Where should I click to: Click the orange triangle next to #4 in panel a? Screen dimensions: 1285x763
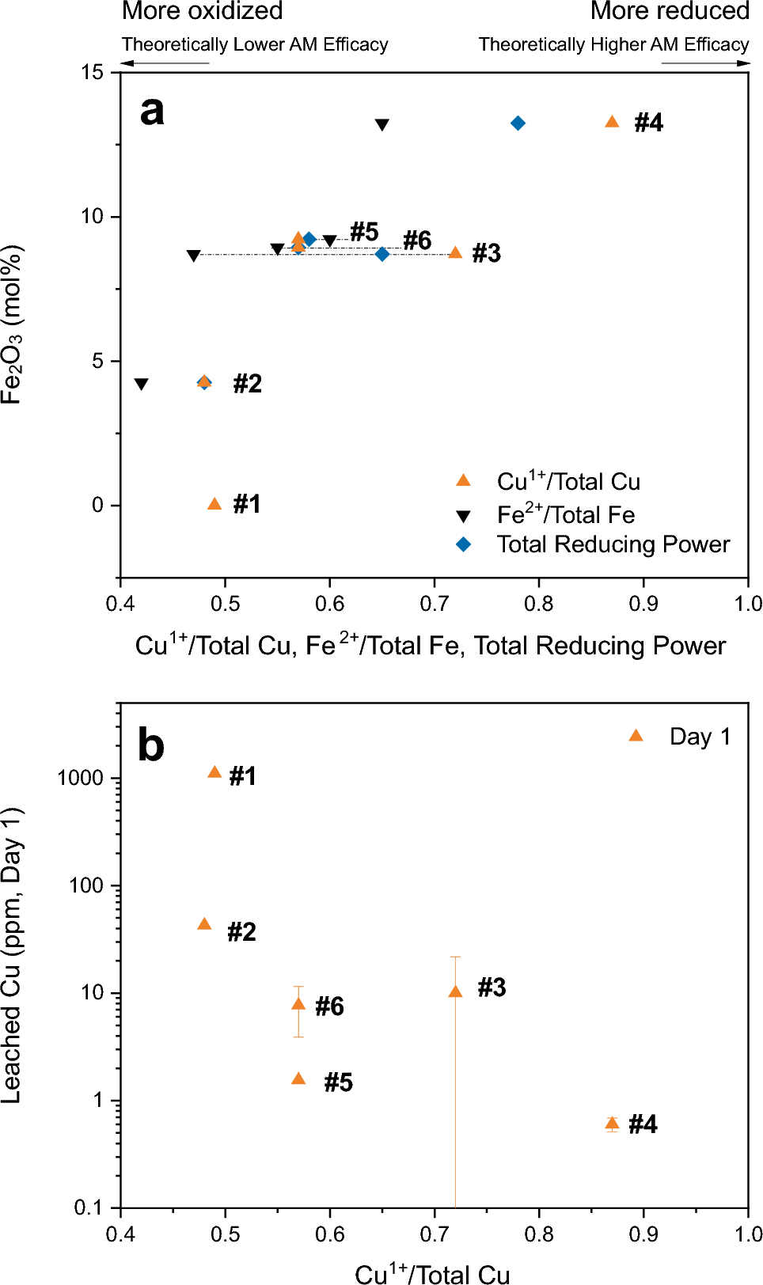pos(612,122)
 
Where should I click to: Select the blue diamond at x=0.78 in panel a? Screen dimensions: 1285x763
pos(518,123)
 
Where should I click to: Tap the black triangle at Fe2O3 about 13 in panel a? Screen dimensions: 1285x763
pos(381,125)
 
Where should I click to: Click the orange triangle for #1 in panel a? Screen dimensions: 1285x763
pos(214,504)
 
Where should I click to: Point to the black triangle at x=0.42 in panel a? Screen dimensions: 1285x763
pos(141,385)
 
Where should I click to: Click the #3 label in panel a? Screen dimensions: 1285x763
pos(486,253)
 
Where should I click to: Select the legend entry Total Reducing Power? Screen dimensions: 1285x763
pos(613,544)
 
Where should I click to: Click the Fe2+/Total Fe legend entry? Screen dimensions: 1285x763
pos(565,515)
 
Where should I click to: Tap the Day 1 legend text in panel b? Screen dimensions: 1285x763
pos(700,737)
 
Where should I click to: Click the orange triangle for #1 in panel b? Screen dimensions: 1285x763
pos(214,772)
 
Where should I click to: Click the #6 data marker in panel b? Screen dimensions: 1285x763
pos(298,1004)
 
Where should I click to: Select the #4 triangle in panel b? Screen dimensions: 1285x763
pos(612,1123)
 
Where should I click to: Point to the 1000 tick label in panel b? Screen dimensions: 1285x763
pos(81,778)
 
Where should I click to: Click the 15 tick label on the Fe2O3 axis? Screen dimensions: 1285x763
pos(92,72)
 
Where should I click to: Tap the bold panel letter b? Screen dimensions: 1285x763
pos(151,745)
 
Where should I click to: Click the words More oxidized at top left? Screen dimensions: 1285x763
pos(202,11)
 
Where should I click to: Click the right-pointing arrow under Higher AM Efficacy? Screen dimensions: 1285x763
pos(705,63)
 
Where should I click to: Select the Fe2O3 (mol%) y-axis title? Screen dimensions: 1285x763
pos(12,324)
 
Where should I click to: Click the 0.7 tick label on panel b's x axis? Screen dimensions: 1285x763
pos(435,1234)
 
